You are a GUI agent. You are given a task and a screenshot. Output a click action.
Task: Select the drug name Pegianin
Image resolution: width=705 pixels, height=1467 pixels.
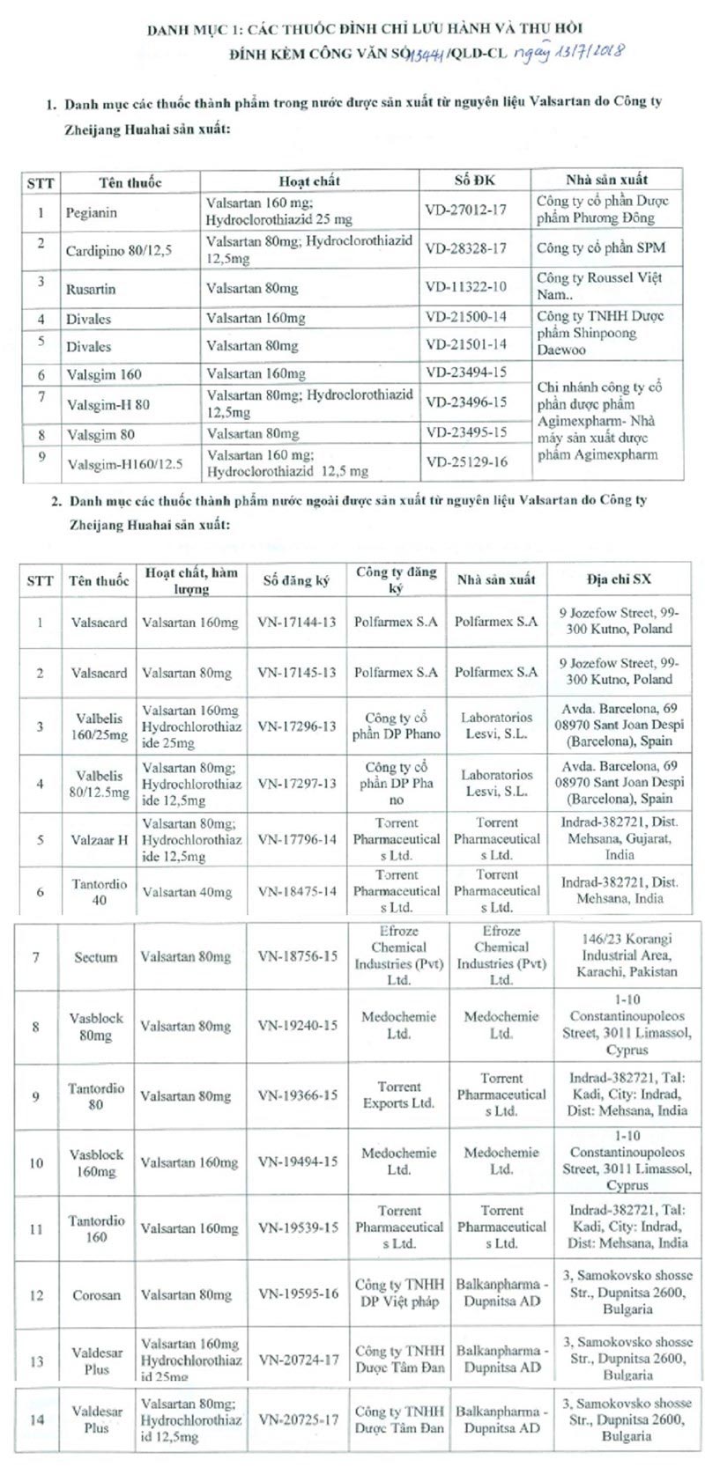(92, 212)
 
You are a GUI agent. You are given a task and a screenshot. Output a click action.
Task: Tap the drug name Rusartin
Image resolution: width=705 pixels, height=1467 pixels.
(91, 288)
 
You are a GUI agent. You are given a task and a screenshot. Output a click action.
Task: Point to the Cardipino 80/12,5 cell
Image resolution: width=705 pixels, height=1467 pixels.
(119, 250)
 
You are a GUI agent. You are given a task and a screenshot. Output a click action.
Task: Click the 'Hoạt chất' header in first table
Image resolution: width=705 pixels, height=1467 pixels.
(309, 181)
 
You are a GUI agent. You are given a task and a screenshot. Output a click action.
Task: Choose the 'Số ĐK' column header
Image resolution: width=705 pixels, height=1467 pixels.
(475, 180)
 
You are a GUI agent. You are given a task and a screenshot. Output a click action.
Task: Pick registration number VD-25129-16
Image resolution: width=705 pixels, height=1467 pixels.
(466, 461)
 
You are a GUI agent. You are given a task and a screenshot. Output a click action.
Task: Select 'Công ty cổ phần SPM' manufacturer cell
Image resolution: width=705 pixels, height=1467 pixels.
(601, 248)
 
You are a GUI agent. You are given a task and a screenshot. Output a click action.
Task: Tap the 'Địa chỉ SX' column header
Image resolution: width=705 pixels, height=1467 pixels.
(618, 579)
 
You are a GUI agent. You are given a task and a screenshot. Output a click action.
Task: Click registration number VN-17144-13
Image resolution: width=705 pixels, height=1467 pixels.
(297, 623)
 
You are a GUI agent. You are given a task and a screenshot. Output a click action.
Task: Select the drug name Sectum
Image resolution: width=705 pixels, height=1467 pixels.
(95, 956)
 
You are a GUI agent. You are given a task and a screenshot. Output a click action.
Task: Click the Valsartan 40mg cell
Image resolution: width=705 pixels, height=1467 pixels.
(187, 891)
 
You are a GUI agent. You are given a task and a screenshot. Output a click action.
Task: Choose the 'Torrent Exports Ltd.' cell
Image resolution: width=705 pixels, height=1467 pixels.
(399, 1095)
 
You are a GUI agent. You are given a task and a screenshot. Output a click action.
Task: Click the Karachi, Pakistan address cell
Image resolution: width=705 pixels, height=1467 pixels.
(627, 955)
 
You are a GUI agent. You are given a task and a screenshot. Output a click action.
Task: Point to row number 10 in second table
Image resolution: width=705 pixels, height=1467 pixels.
(36, 1162)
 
